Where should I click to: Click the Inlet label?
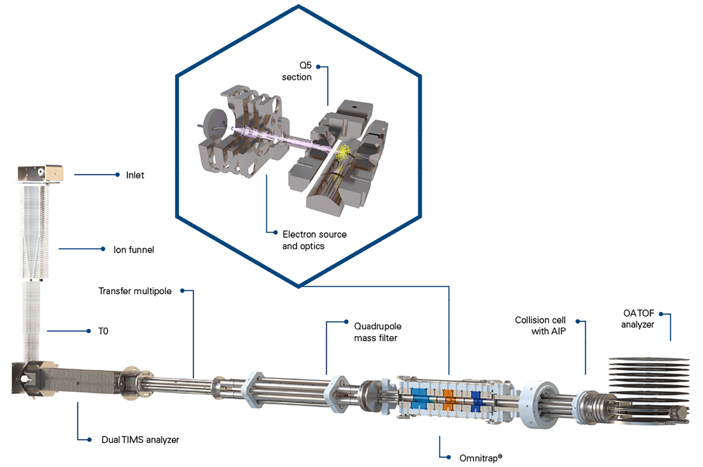tap(135, 175)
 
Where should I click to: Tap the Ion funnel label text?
tap(133, 250)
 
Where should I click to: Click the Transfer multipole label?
tap(135, 291)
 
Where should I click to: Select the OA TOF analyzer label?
tap(638, 319)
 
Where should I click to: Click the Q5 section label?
tap(297, 72)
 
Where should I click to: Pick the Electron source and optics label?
tap(314, 240)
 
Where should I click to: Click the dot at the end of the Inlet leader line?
tap(118, 175)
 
